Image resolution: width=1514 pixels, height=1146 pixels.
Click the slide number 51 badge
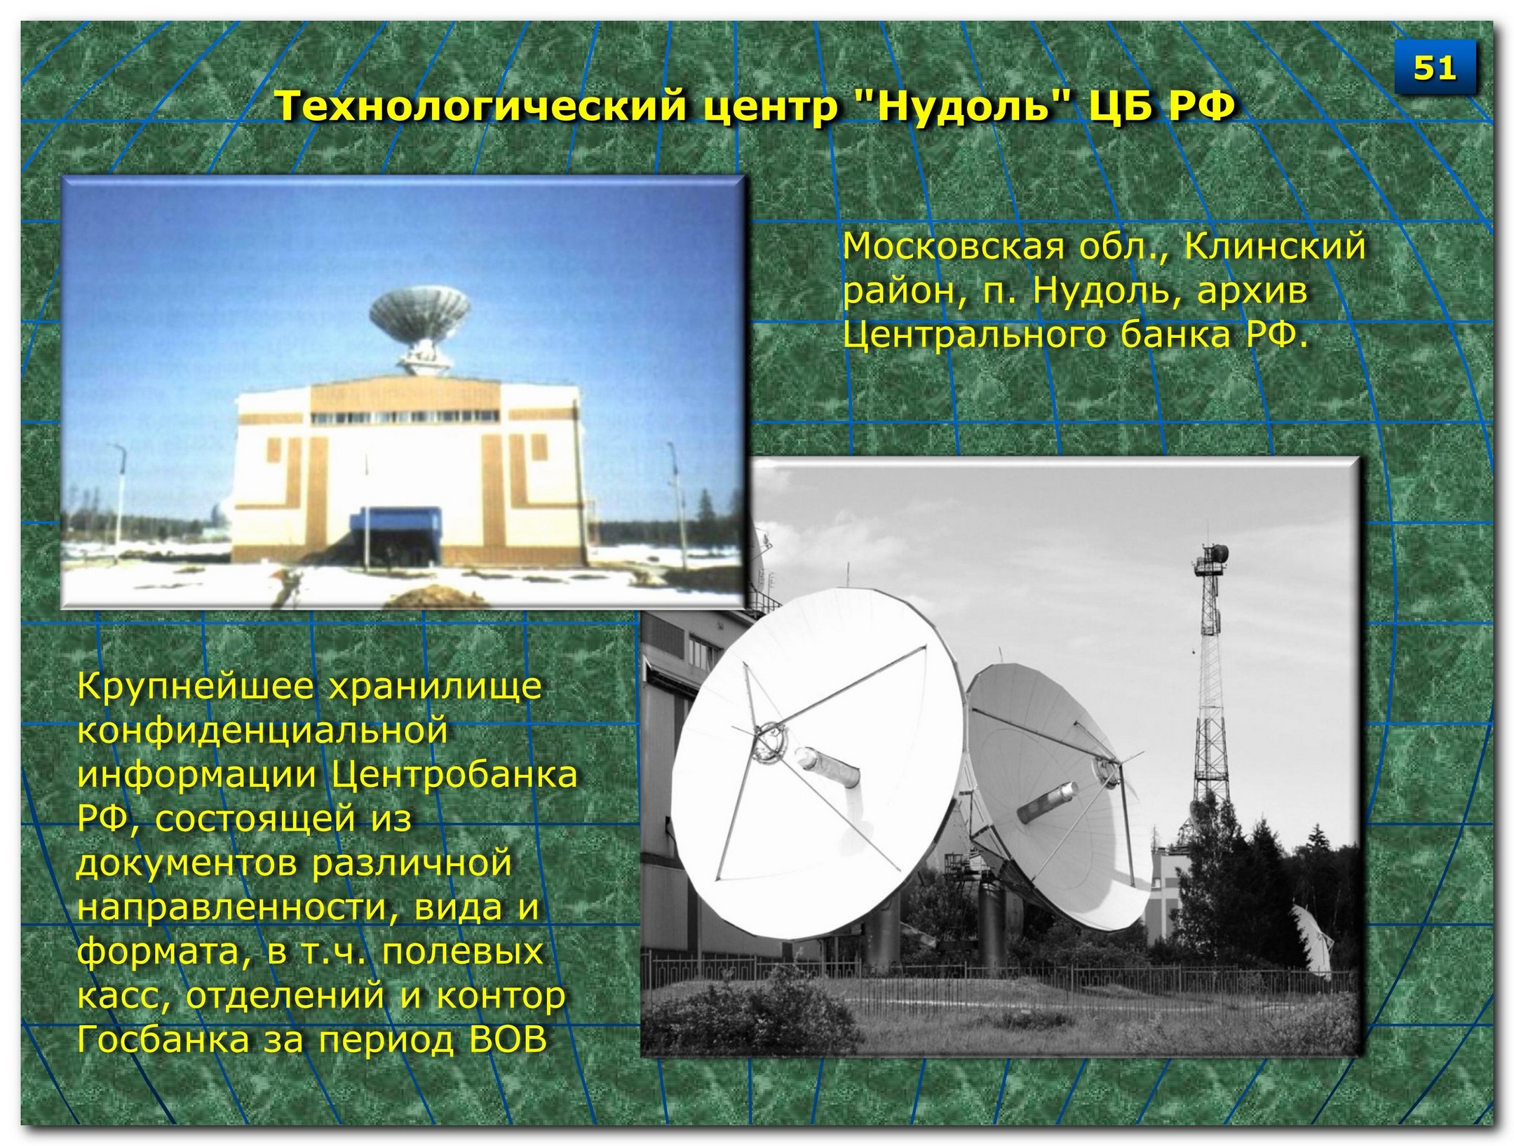[1434, 68]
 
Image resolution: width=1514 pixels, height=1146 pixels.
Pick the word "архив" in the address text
[1252, 292]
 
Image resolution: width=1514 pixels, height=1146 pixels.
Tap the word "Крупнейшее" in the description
[196, 687]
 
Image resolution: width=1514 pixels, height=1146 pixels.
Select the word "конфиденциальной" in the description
[262, 730]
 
